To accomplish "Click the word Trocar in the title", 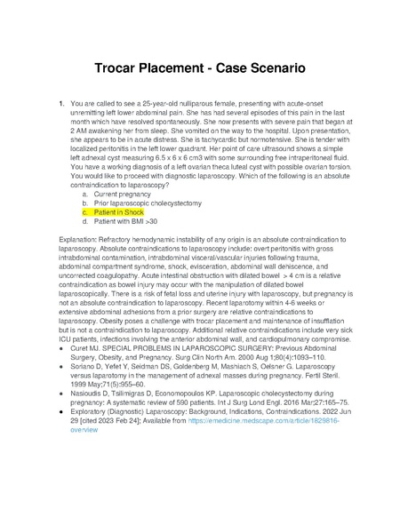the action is tap(121, 68).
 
